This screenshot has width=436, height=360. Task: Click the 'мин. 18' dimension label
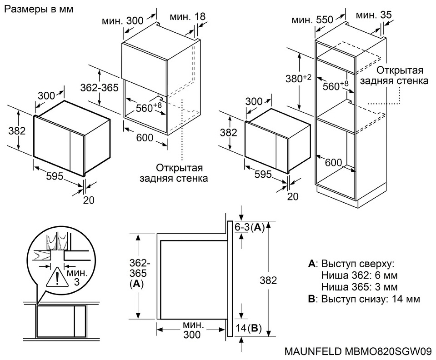click(x=188, y=17)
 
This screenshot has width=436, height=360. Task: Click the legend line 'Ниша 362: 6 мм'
click(x=359, y=275)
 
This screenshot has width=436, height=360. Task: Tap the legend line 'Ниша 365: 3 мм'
click(x=359, y=287)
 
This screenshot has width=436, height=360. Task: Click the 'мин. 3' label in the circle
click(x=75, y=278)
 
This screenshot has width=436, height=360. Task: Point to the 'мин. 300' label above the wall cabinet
click(x=122, y=20)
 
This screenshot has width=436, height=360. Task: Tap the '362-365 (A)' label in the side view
click(x=136, y=273)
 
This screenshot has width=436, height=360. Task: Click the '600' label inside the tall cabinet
click(x=333, y=162)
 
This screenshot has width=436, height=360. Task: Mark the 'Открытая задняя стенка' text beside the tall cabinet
click(x=393, y=76)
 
